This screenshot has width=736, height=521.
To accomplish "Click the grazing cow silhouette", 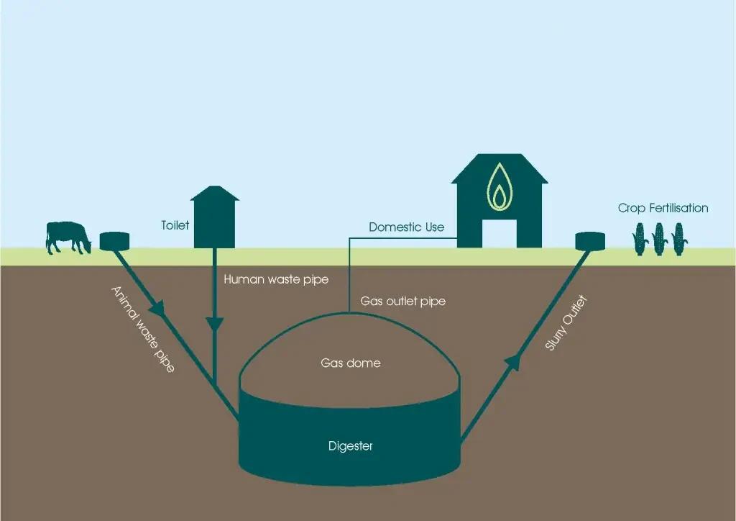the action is (x=68, y=237).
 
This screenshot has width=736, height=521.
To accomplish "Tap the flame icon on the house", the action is (x=500, y=187).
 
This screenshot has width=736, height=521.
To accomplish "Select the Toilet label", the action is (x=175, y=225).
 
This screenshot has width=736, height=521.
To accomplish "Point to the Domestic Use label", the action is (x=407, y=227).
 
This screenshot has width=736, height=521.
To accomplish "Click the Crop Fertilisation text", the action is (x=663, y=208).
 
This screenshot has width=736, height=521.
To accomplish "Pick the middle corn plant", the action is (x=658, y=239).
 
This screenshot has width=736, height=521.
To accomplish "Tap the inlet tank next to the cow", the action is (x=114, y=242).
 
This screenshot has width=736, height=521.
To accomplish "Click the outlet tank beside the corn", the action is (x=590, y=242).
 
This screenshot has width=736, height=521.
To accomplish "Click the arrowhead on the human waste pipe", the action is (x=214, y=324).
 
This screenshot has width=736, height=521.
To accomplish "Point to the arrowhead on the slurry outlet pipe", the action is (x=513, y=362).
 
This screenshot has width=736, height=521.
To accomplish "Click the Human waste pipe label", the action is (x=276, y=279).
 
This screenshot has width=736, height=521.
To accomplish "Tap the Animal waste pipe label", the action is (x=143, y=330).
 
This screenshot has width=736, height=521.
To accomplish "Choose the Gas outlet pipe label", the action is (x=402, y=301).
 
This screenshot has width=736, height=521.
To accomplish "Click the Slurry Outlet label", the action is (x=566, y=323).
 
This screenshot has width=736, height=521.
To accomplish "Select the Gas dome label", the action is (x=351, y=363).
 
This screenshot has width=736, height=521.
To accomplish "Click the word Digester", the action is (x=351, y=446).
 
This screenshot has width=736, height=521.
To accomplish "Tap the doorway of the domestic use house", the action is (x=500, y=233).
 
